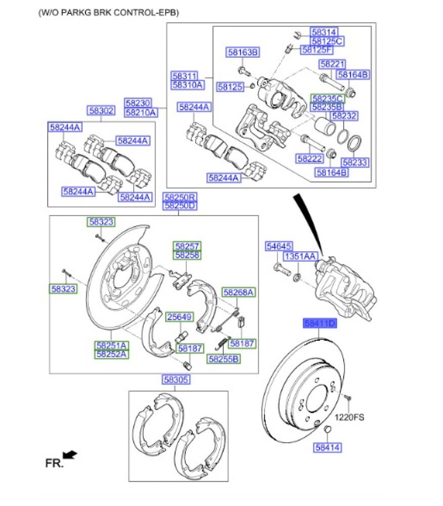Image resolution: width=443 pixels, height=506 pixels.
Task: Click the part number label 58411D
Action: click(x=319, y=322)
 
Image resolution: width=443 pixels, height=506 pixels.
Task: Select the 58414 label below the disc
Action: click(x=327, y=447)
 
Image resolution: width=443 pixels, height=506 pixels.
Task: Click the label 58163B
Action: click(x=243, y=52)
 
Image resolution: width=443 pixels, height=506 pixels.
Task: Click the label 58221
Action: click(x=332, y=64)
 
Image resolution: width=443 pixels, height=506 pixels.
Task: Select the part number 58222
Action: click(x=310, y=159)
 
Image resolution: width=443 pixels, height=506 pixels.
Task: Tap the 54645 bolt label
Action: click(x=279, y=246)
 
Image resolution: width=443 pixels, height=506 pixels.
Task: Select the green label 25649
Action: click(x=179, y=317)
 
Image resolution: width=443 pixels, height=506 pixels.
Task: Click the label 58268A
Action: click(x=238, y=292)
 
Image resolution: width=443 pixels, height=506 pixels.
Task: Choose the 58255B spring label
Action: click(x=223, y=359)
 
